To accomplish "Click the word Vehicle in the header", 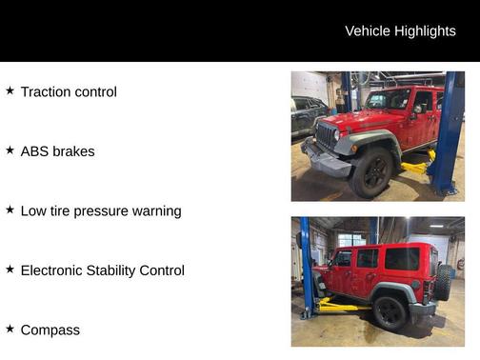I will pyautogui.click(x=368, y=31).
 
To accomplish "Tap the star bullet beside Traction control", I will pyautogui.click(x=10, y=90).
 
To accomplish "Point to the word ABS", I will pyautogui.click(x=35, y=151).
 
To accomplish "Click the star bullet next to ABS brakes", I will pyautogui.click(x=10, y=150).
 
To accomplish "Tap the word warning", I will pyautogui.click(x=154, y=211).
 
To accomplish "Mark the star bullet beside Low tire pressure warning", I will pyautogui.click(x=10, y=210).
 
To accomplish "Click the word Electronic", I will pyautogui.click(x=53, y=270).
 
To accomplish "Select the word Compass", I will pyautogui.click(x=50, y=330).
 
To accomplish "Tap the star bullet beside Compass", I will pyautogui.click(x=10, y=329).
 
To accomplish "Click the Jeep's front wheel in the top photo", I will pyautogui.click(x=372, y=172).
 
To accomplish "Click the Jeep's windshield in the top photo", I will pyautogui.click(x=389, y=99).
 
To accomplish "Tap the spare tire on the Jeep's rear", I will pyautogui.click(x=444, y=282).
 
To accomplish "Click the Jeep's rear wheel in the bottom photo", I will pyautogui.click(x=390, y=311).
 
